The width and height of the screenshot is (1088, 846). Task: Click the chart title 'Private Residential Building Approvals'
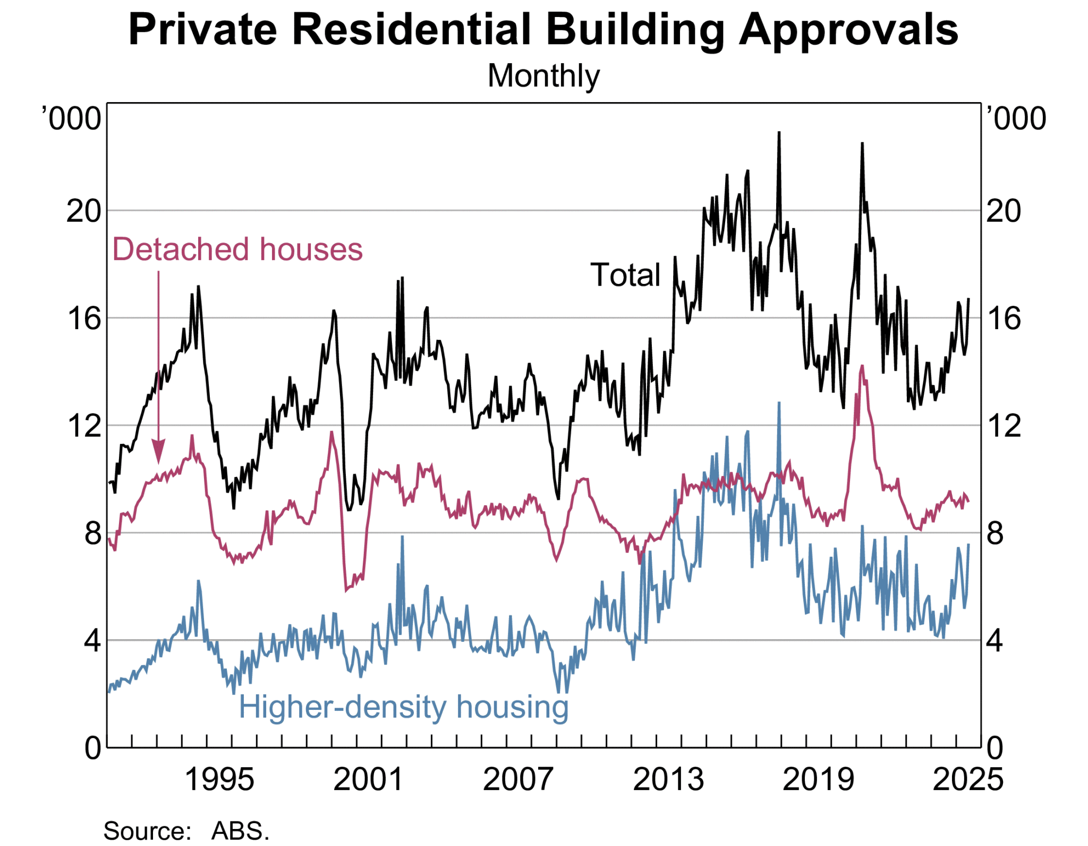(x=543, y=29)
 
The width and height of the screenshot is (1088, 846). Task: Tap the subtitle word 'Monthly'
(x=543, y=76)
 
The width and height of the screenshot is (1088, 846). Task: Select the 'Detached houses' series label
(x=237, y=249)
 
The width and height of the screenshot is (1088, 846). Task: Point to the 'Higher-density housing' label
(x=403, y=707)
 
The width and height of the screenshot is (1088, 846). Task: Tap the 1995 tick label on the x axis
(x=219, y=780)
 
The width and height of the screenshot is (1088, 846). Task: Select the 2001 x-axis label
(x=368, y=780)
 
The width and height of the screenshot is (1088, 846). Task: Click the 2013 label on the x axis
(x=668, y=780)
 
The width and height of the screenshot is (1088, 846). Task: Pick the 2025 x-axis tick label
(x=967, y=780)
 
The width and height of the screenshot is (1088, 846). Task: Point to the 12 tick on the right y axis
(x=1003, y=426)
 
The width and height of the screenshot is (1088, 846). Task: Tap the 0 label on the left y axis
(x=92, y=748)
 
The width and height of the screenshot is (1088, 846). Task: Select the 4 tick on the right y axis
(x=994, y=641)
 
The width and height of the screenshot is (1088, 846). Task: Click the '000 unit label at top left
(x=71, y=119)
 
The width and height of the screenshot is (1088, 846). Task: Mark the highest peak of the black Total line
(x=779, y=132)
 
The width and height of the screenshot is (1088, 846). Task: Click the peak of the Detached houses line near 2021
(x=862, y=366)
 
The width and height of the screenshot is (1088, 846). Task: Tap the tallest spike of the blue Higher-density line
(x=779, y=403)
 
